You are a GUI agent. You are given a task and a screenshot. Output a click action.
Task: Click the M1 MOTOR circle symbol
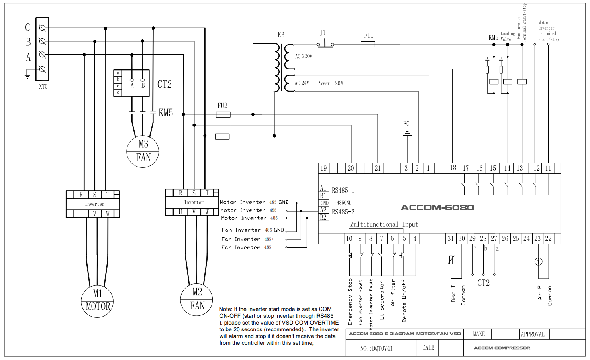[97, 301]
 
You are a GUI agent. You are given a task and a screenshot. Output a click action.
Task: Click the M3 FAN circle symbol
[143, 151]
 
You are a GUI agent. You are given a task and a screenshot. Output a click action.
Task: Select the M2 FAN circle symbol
[197, 299]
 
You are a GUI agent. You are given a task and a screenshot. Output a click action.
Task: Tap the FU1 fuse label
[369, 35]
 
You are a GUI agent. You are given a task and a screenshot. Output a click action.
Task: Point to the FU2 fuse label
[223, 106]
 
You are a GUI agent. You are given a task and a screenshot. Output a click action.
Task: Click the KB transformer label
[281, 35]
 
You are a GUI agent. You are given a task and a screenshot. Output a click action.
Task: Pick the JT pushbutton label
[323, 33]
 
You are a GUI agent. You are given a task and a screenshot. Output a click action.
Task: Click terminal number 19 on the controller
[323, 168]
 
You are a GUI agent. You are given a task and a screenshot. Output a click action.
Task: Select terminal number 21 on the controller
[378, 168]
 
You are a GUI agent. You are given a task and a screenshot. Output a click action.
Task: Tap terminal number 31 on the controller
[451, 238]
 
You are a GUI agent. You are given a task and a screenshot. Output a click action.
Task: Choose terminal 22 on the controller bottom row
[548, 238]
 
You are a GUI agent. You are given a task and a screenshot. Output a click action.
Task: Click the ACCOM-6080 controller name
[437, 208]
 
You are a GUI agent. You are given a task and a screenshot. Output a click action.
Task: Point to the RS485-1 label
[343, 191]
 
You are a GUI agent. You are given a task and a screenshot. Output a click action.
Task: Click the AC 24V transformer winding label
[302, 83]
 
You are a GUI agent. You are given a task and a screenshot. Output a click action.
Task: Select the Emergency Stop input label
[350, 301]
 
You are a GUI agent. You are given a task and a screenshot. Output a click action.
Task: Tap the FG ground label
[406, 124]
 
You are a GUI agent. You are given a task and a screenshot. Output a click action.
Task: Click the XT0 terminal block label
[43, 86]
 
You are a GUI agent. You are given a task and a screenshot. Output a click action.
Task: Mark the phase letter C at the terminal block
[27, 27]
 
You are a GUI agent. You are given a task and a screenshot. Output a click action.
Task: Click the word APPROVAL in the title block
[533, 334]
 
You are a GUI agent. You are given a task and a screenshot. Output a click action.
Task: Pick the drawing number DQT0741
[376, 348]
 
